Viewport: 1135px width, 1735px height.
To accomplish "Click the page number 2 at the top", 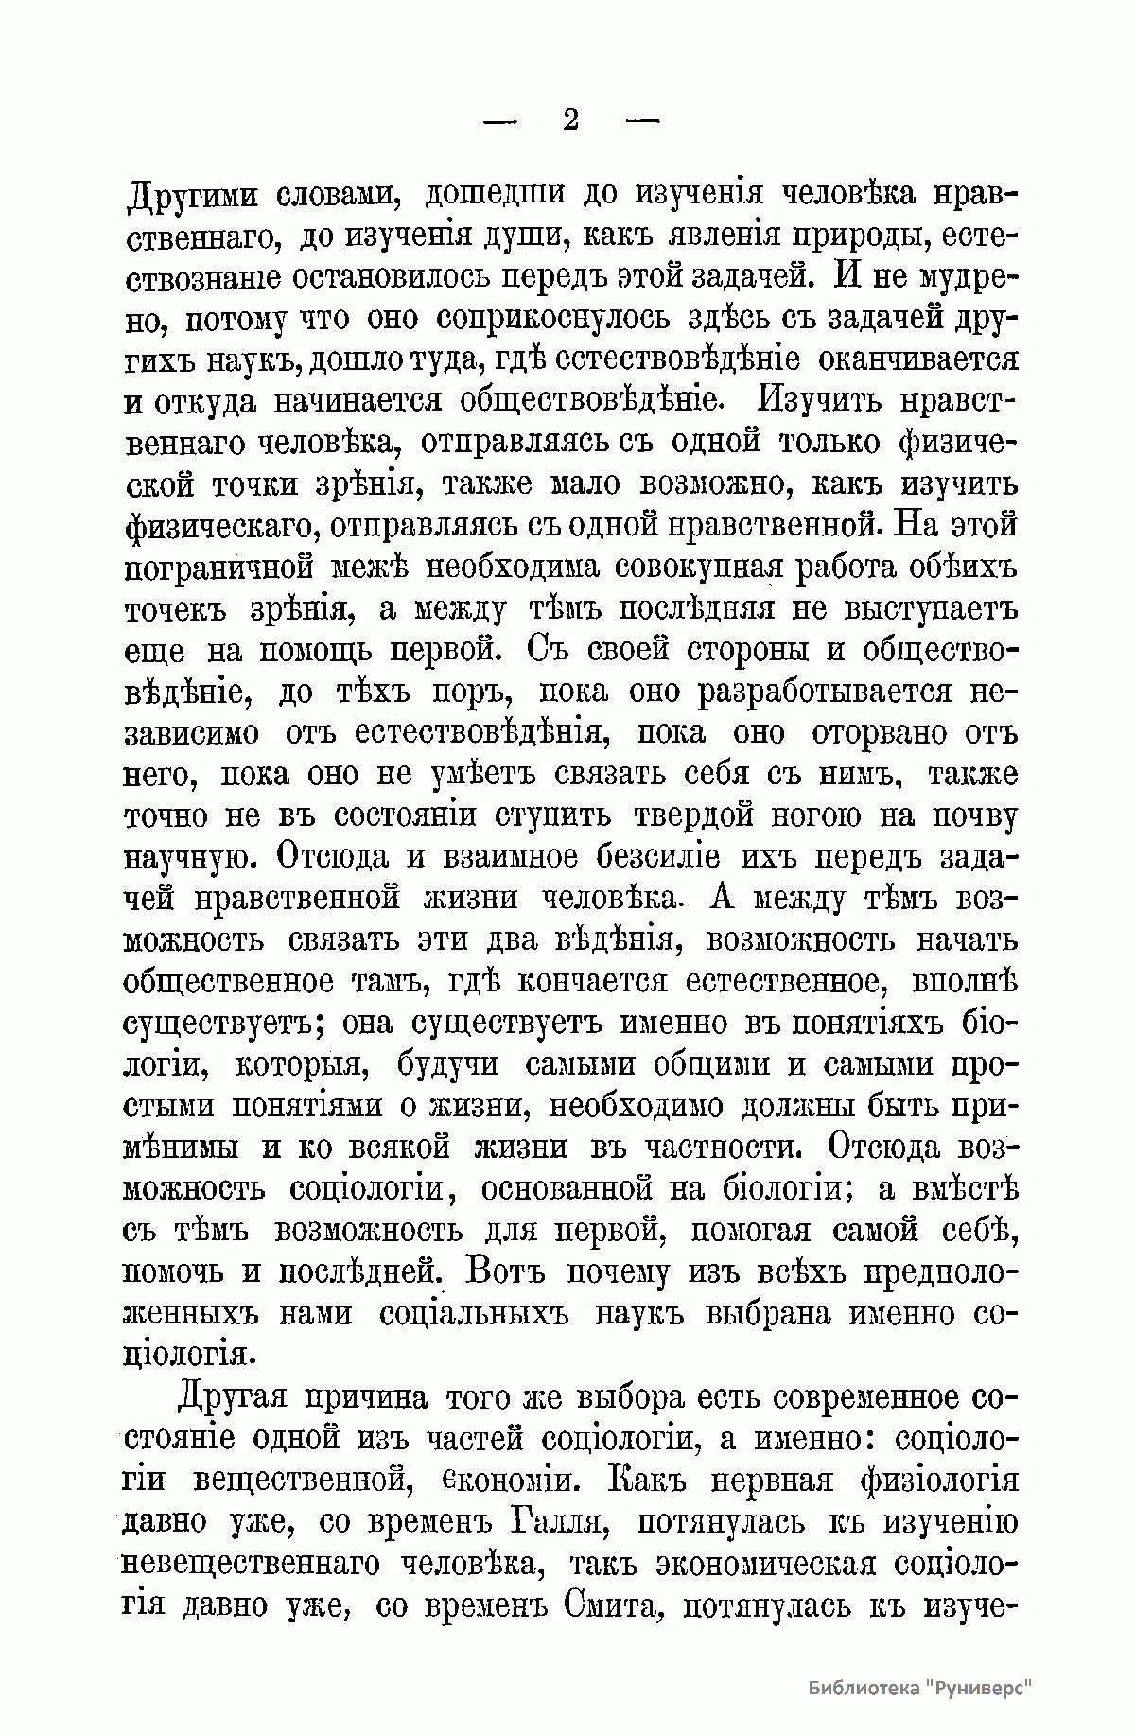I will pyautogui.click(x=570, y=120).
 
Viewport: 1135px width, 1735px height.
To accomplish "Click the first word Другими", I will pyautogui.click(x=197, y=196).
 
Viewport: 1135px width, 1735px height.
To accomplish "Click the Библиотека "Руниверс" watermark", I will pyautogui.click(x=918, y=1688).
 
